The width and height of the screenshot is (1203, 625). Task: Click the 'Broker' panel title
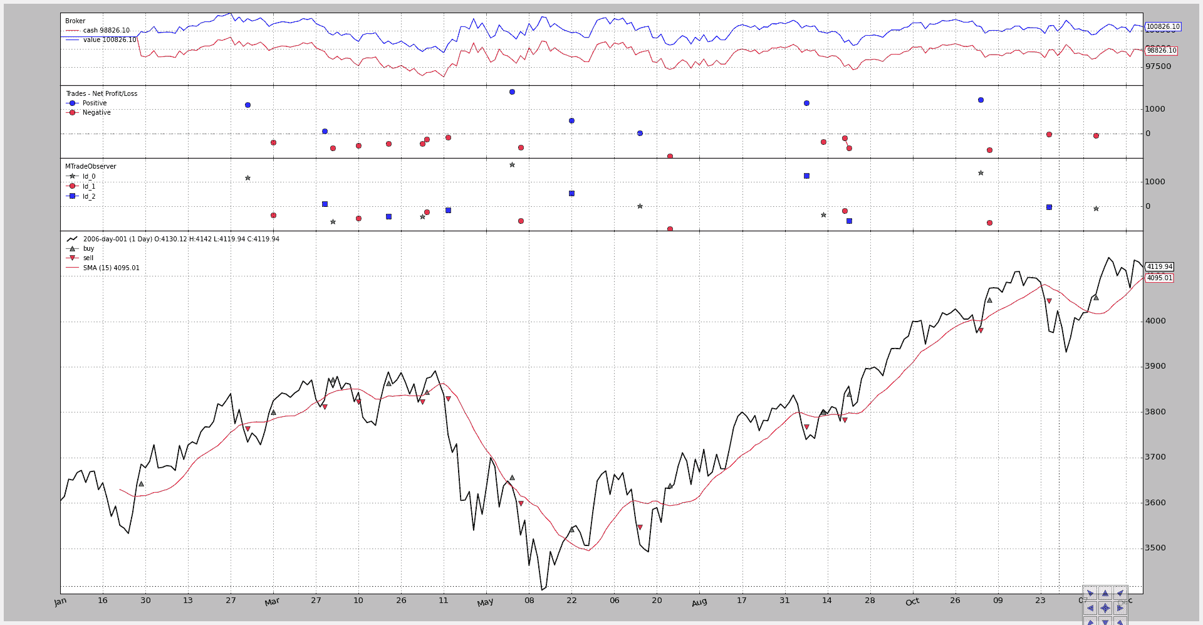[75, 21]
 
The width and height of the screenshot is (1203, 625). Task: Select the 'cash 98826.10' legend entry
[106, 30]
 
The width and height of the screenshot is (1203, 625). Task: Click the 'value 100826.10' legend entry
[109, 39]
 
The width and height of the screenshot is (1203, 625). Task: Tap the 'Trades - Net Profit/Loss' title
[102, 93]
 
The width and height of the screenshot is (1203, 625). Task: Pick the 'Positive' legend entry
[95, 103]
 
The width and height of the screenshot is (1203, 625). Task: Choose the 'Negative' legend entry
[96, 112]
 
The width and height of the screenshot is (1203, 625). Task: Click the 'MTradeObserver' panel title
[91, 166]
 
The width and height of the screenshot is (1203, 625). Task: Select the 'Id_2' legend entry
[89, 196]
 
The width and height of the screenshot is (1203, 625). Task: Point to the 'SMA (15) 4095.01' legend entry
[111, 268]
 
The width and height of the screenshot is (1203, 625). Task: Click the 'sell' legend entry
[88, 258]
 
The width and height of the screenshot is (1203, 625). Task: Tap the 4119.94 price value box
[1159, 266]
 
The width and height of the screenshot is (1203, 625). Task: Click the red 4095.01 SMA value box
[1159, 278]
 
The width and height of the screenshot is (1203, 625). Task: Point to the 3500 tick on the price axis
[1155, 548]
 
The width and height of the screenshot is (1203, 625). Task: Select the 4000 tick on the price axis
[1155, 321]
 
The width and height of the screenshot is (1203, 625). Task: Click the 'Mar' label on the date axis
[272, 602]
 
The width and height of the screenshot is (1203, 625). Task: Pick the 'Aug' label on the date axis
[699, 602]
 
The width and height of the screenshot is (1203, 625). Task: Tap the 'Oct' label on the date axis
[912, 602]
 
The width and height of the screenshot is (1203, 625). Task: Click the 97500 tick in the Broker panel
[1158, 66]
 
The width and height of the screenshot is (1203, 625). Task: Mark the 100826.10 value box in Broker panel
[1163, 27]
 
